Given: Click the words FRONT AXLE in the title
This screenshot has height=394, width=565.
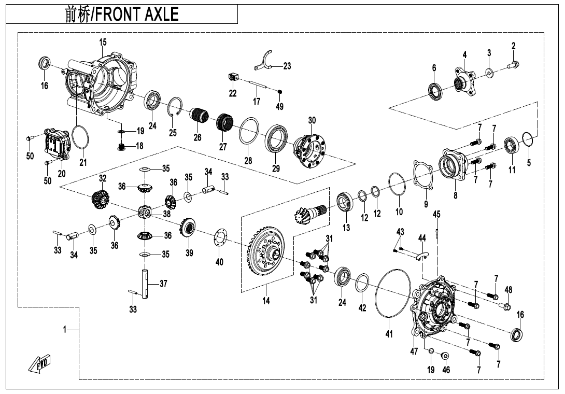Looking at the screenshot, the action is point(136,14).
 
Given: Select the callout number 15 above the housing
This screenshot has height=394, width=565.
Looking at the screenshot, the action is point(103,42).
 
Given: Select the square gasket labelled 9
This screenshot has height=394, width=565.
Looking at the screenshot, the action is point(423,175).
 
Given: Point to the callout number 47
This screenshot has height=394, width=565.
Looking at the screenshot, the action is point(414,351).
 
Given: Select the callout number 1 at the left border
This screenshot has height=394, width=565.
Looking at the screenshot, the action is point(65,330).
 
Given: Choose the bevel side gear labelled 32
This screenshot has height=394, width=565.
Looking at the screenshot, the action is point(101,200).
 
